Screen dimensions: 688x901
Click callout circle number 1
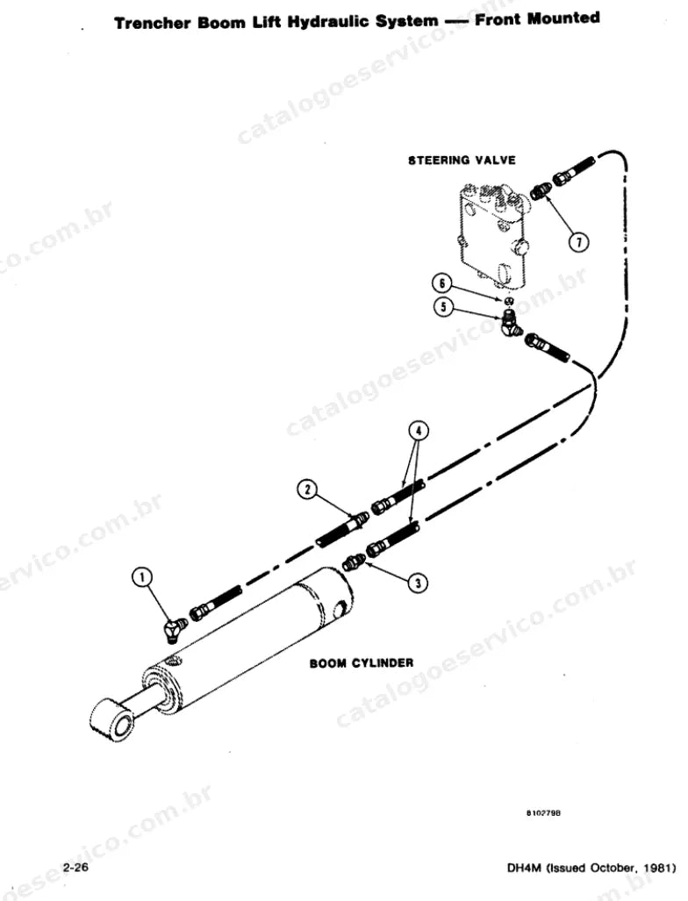[x=142, y=576]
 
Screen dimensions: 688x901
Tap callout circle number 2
[x=308, y=489]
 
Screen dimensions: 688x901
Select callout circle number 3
[x=418, y=583]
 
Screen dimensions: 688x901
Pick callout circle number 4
[x=419, y=430]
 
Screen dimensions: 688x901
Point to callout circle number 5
[x=443, y=307]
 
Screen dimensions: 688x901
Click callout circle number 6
[x=442, y=283]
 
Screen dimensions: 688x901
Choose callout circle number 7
[x=578, y=243]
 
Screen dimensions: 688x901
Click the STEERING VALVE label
[x=462, y=161]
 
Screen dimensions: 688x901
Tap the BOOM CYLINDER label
[x=361, y=663]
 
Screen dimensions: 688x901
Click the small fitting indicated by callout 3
[x=352, y=561]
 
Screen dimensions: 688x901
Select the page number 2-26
[x=75, y=868]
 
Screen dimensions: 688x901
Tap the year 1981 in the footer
[x=656, y=869]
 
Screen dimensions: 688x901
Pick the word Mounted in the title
[x=564, y=18]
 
